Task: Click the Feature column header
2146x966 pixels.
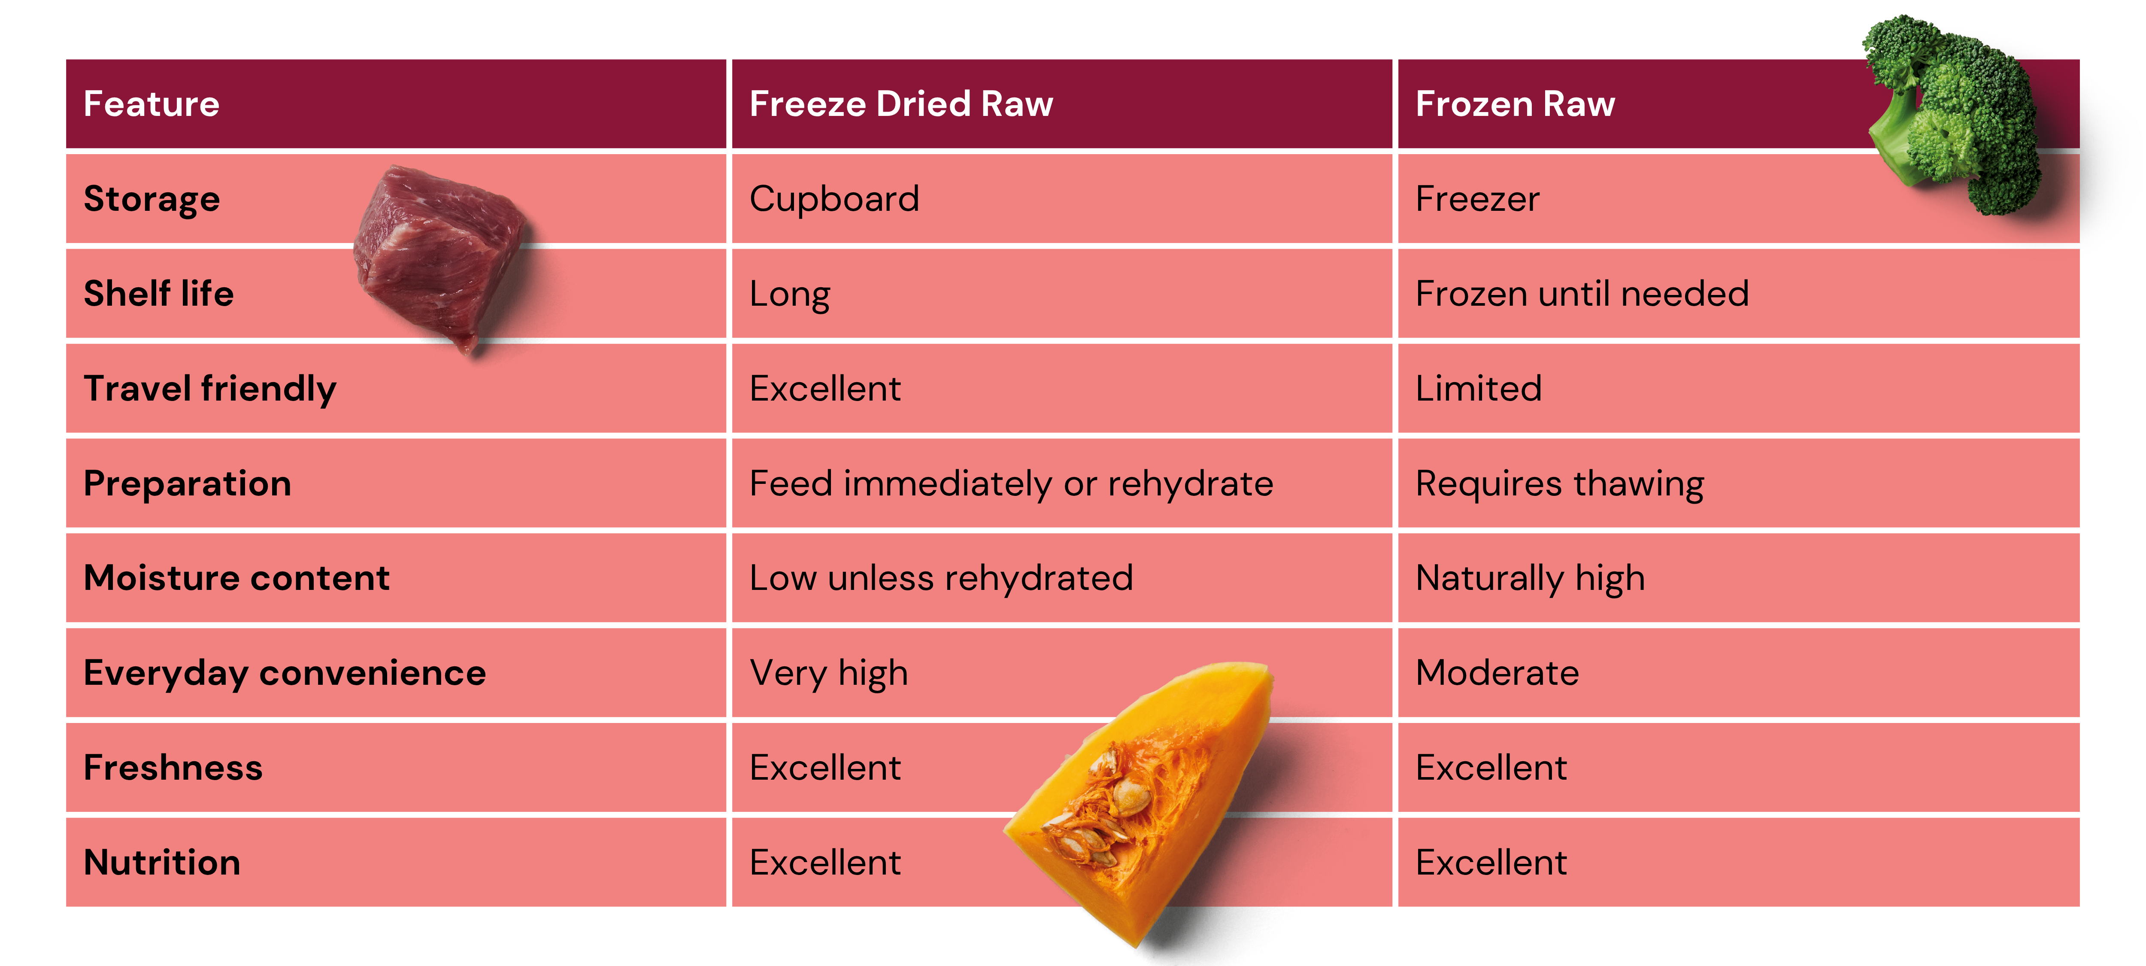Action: (x=152, y=104)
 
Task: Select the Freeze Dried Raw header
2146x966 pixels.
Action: (x=901, y=104)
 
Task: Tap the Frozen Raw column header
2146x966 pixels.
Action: (x=1516, y=104)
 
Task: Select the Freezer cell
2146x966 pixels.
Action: (x=1477, y=199)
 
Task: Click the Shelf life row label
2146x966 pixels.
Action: (x=158, y=293)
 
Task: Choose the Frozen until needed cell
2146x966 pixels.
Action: (x=1582, y=293)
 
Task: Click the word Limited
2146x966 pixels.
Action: (x=1479, y=389)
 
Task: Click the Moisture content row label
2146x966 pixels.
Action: (x=236, y=577)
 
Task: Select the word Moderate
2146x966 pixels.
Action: (x=1497, y=673)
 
